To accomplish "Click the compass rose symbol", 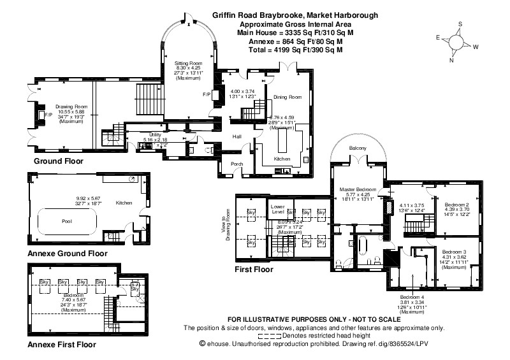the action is click(x=457, y=42).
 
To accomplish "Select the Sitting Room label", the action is click(x=188, y=64).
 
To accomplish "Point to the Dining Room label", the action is click(x=288, y=97).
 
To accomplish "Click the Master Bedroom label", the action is click(x=356, y=189).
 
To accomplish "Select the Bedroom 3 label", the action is click(x=454, y=251).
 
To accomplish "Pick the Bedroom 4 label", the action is click(x=412, y=298).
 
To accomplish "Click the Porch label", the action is click(x=237, y=163).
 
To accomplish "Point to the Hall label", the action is click(x=237, y=137).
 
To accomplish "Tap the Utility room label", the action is click(x=150, y=134).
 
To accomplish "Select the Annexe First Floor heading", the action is click(x=62, y=345).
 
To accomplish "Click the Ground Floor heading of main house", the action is click(x=60, y=161).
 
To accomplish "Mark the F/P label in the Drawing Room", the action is click(x=41, y=115).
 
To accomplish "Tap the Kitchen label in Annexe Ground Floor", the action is click(x=124, y=203).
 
